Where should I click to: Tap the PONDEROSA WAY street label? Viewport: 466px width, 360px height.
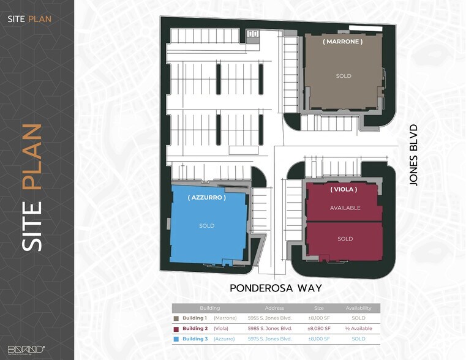tap(276, 288)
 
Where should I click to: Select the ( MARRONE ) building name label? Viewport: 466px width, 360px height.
tap(343, 42)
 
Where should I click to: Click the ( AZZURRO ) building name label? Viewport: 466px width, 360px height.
tap(207, 198)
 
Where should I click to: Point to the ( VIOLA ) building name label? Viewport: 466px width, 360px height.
tap(344, 189)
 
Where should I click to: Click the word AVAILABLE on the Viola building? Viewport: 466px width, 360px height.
tap(345, 208)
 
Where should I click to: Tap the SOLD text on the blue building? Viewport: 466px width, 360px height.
tap(207, 226)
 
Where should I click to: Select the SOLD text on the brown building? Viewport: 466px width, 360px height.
tap(344, 76)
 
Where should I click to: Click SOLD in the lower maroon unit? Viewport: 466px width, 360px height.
tap(345, 239)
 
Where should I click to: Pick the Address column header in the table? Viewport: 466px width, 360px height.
tap(274, 308)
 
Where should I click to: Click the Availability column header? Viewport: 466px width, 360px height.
tap(358, 308)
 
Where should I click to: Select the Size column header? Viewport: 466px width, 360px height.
tap(318, 308)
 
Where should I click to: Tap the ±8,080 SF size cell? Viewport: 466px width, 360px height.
tap(318, 329)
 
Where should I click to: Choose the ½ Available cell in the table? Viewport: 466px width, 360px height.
tap(358, 329)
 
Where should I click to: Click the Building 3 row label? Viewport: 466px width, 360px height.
tap(195, 339)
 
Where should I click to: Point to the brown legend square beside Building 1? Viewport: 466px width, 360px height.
tap(176, 318)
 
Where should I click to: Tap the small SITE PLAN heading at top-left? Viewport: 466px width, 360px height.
tap(29, 18)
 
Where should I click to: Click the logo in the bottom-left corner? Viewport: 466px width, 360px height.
tap(26, 350)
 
